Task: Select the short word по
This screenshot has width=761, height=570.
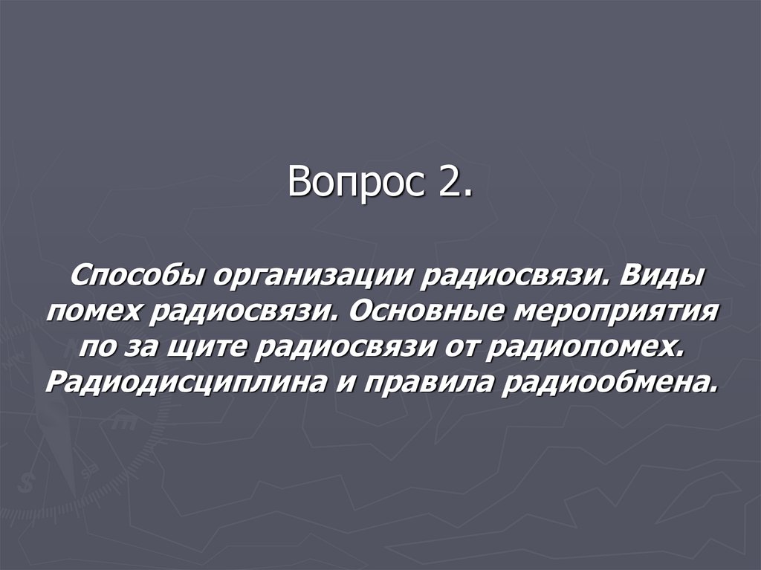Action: (x=97, y=346)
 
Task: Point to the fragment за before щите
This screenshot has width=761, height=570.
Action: (x=137, y=346)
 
